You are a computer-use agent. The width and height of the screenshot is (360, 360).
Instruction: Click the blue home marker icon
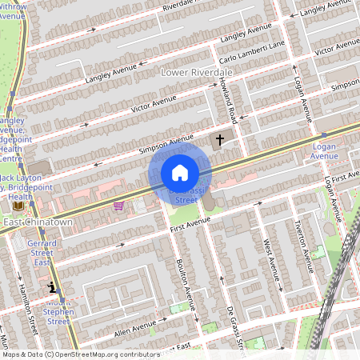(x=180, y=173)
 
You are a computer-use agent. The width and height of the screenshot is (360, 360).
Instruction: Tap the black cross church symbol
(x=219, y=140)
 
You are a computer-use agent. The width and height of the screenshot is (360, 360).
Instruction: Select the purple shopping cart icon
(x=118, y=206)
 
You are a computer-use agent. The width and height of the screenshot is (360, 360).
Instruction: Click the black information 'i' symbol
(x=53, y=287)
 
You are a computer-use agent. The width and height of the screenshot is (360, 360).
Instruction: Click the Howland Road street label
(x=226, y=103)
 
